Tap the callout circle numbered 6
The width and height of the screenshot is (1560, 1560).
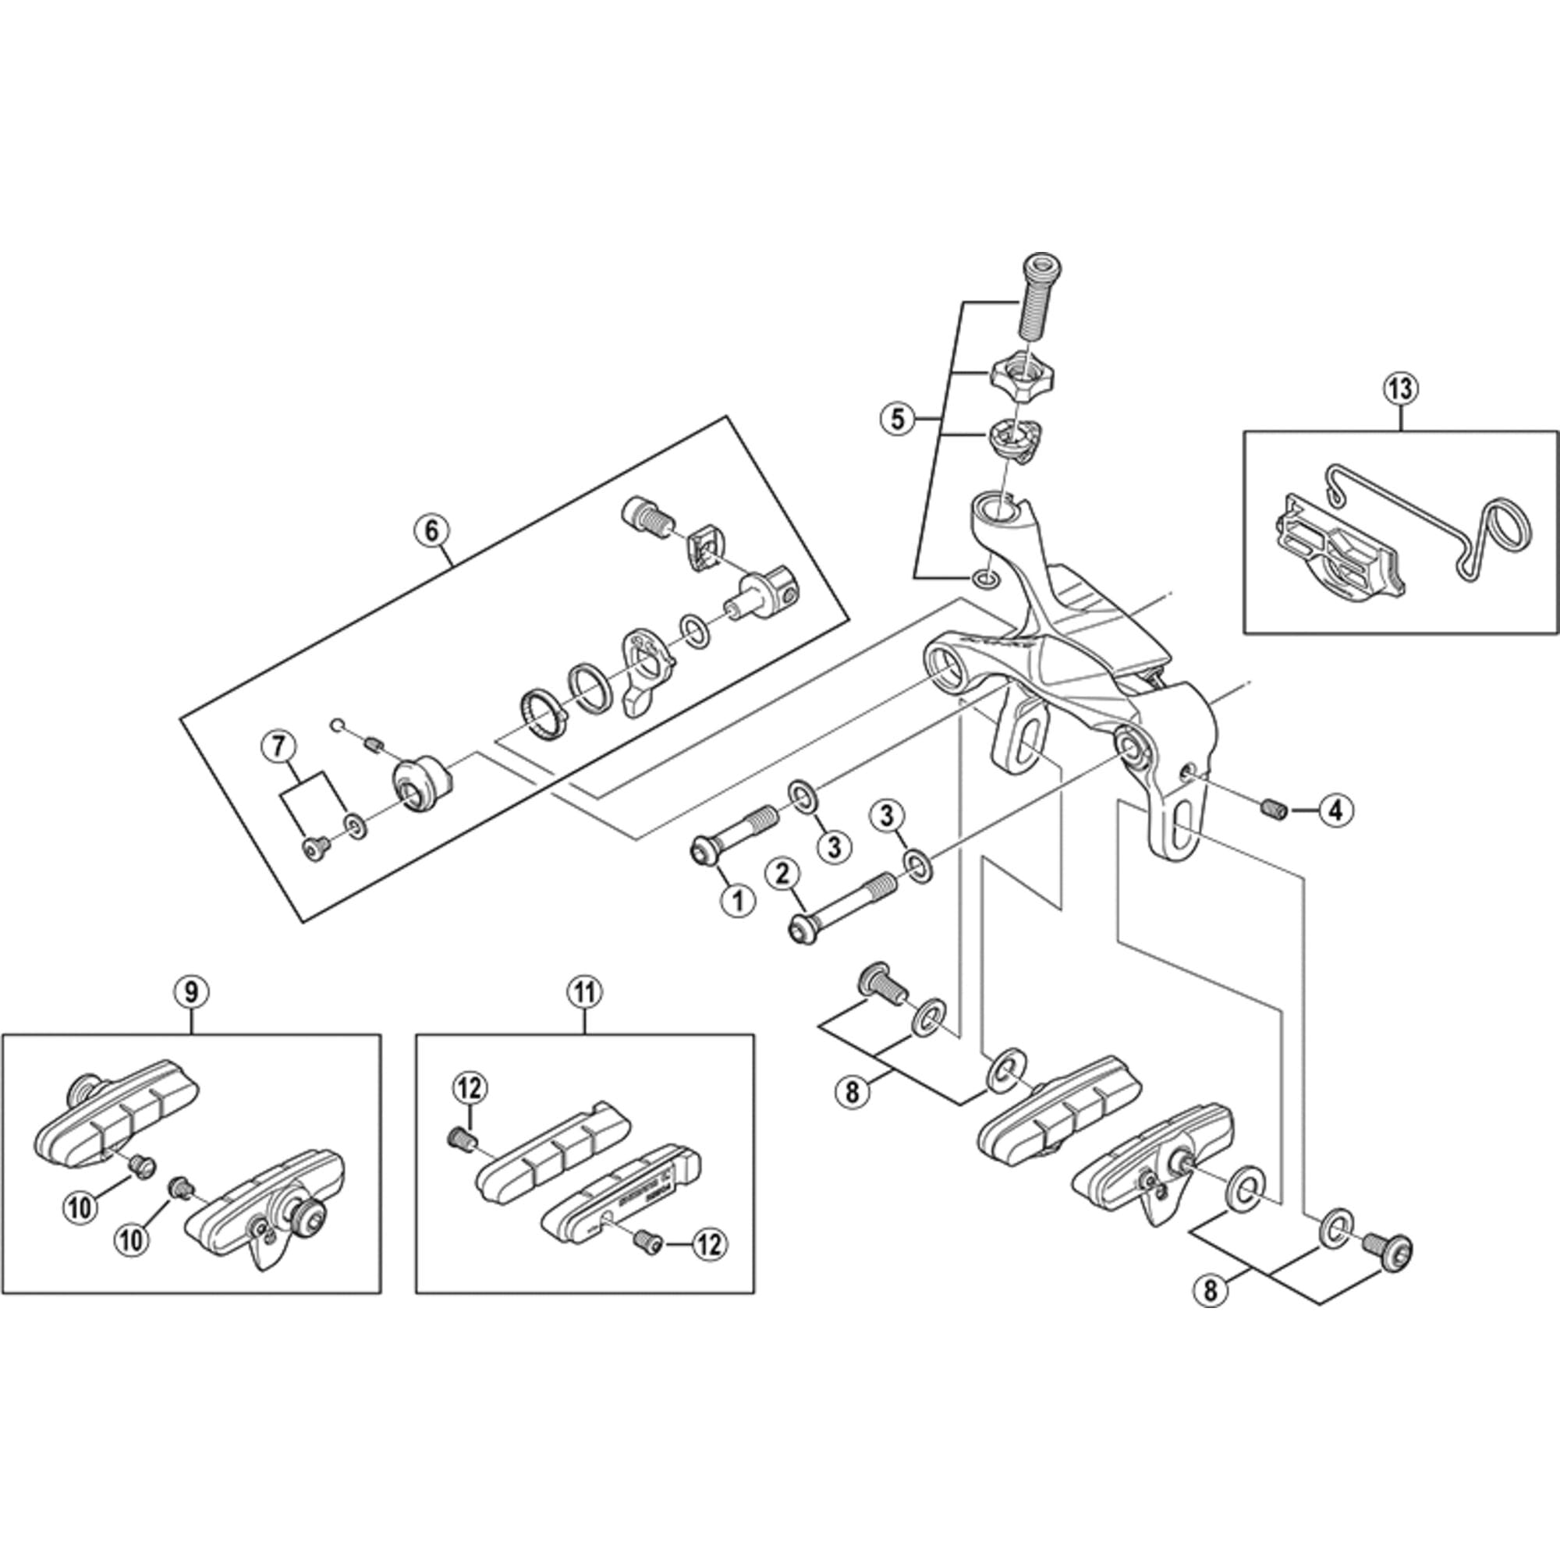tap(431, 530)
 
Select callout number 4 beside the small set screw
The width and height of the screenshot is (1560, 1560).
tap(1335, 810)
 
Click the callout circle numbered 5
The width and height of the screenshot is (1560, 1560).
tap(899, 419)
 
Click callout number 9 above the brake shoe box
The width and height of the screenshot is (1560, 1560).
tap(191, 991)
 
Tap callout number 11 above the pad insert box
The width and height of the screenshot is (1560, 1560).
tap(584, 991)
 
